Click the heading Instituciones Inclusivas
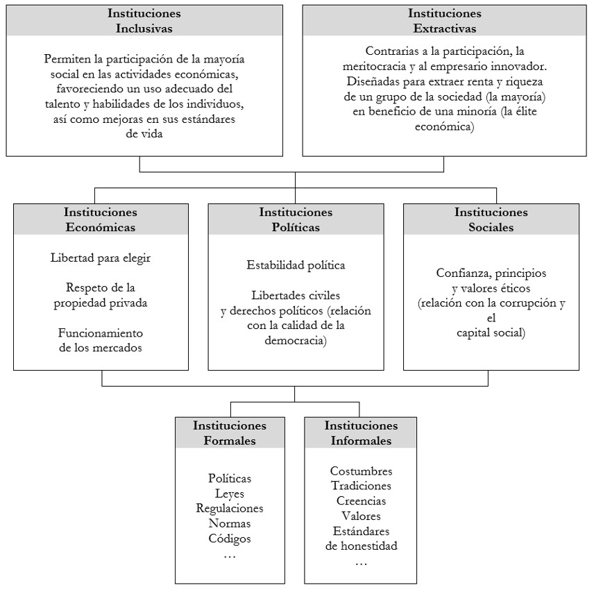[144, 21]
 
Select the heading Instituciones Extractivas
[444, 21]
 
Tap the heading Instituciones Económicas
[101, 219]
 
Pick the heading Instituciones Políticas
[296, 219]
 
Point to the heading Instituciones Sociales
[491, 219]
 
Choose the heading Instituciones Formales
[230, 432]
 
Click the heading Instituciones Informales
[361, 432]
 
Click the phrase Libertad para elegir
[101, 258]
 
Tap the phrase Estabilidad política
[296, 264]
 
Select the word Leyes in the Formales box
[230, 493]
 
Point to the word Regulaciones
[230, 508]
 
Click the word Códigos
[230, 538]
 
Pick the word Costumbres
[361, 471]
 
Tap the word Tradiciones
[361, 486]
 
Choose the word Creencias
[361, 500]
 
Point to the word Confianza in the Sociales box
[463, 272]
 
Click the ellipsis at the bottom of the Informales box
[361, 561]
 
